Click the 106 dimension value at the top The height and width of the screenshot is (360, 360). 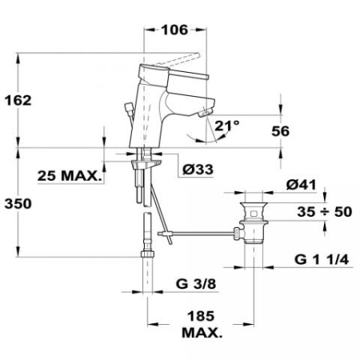pyautogui.click(x=172, y=30)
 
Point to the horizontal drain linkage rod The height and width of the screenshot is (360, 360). pyautogui.click(x=200, y=234)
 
